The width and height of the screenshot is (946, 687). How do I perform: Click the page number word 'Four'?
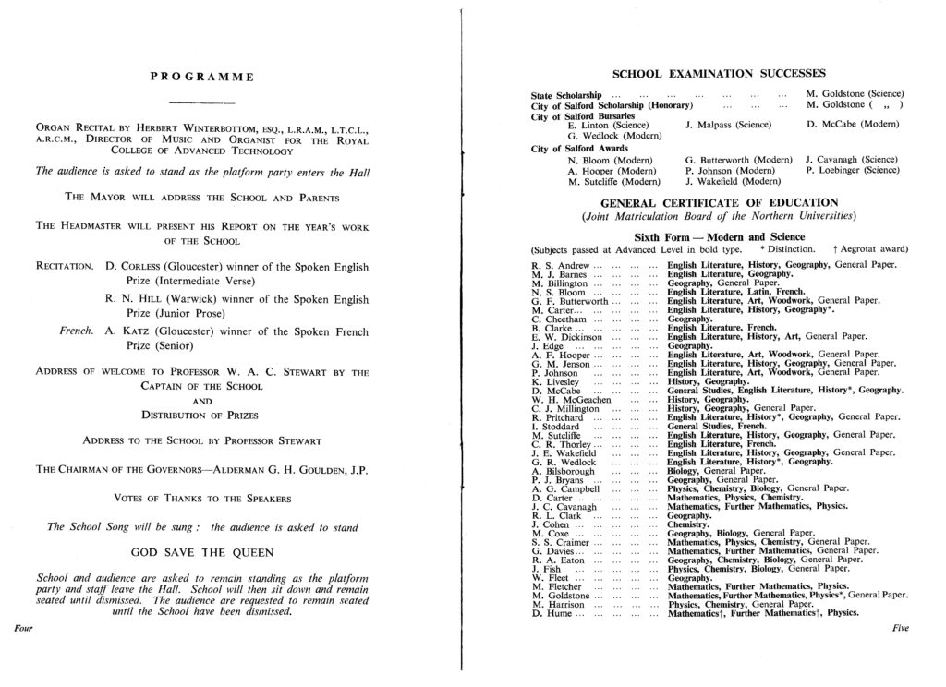[25, 628]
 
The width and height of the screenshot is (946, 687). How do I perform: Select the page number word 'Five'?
[901, 628]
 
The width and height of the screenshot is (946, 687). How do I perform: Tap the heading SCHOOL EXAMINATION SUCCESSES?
[717, 73]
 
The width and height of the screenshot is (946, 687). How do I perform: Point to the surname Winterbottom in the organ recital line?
[197, 129]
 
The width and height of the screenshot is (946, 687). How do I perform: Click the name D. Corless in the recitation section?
[137, 267]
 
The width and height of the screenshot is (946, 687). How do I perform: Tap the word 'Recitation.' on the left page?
[64, 267]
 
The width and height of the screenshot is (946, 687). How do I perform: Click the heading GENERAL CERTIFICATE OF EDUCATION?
[719, 202]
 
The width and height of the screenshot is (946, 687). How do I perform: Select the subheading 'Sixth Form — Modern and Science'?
[719, 236]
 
